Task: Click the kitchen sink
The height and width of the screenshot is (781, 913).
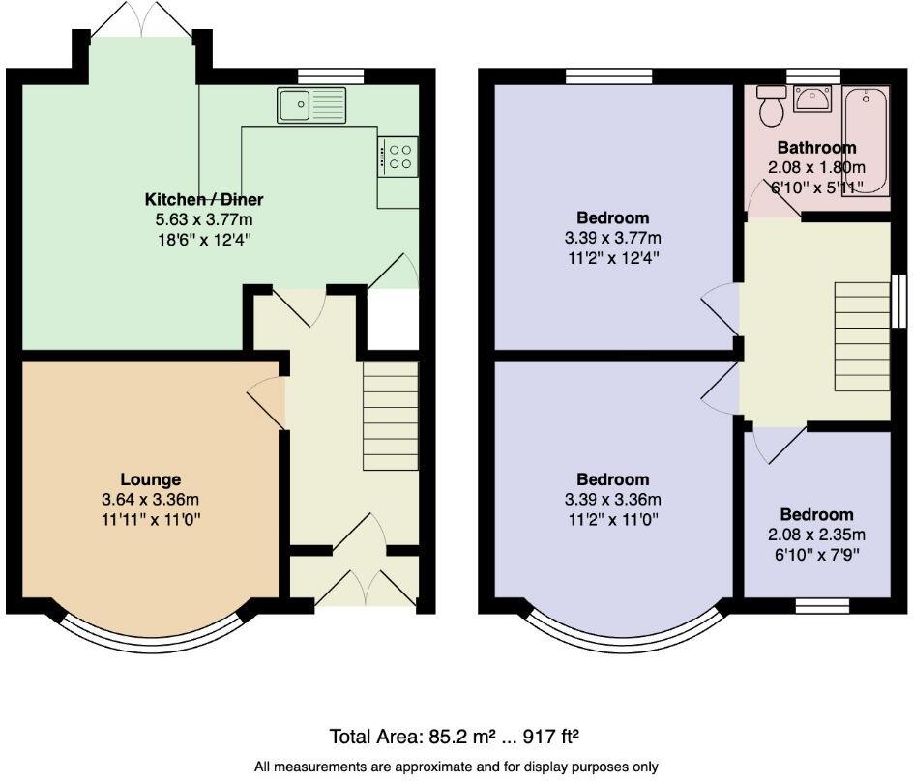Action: [311, 104]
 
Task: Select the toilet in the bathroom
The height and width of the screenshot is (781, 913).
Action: [771, 106]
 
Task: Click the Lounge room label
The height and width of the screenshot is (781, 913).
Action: [150, 479]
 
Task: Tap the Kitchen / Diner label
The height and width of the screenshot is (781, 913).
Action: [204, 200]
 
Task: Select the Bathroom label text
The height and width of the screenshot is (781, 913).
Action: [816, 148]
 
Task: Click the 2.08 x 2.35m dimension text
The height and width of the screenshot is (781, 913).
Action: [816, 535]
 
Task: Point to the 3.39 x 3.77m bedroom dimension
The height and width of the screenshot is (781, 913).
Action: [612, 239]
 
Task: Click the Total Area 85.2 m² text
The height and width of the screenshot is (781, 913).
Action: [454, 737]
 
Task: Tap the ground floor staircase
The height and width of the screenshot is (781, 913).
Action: [391, 417]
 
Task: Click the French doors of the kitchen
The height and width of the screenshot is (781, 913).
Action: [141, 21]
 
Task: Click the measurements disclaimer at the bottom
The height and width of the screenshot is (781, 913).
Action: [456, 767]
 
